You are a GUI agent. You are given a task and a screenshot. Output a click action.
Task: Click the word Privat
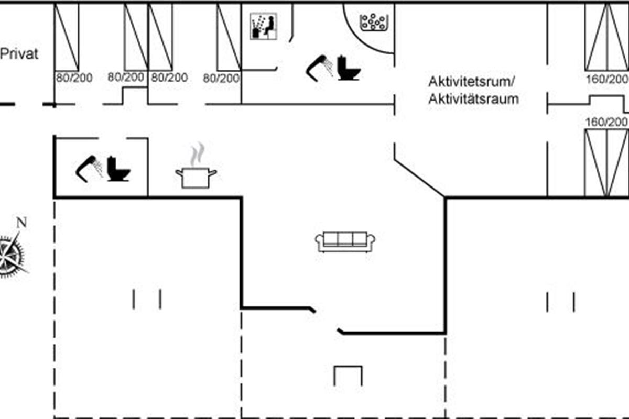click(19, 53)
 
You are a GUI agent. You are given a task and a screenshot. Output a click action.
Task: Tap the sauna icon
click(263, 26)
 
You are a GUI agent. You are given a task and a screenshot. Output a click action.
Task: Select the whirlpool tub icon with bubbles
click(374, 22)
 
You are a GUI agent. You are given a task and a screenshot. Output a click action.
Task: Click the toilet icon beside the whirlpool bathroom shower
click(349, 68)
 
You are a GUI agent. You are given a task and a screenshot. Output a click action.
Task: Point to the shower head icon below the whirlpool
click(320, 68)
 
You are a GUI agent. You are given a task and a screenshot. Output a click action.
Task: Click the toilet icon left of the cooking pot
click(118, 169)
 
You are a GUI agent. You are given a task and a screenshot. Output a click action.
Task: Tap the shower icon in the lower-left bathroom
click(89, 169)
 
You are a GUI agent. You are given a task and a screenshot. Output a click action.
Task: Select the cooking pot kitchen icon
click(196, 178)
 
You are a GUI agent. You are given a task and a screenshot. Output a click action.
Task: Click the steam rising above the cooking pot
click(198, 154)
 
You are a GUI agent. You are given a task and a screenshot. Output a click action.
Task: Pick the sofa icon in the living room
click(345, 242)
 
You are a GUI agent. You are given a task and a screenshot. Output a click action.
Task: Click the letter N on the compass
click(21, 223)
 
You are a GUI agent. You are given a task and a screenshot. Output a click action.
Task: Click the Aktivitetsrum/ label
click(471, 82)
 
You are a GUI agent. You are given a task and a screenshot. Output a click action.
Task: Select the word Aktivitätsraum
click(473, 99)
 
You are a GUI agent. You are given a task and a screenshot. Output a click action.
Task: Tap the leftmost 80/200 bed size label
click(74, 78)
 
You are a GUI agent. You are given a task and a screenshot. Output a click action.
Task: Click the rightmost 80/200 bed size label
click(221, 78)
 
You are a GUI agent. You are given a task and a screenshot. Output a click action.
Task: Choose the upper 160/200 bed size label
click(607, 79)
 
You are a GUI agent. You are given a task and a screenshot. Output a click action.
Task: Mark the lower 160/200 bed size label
click(606, 122)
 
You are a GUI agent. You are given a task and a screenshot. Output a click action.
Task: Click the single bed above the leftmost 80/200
click(67, 37)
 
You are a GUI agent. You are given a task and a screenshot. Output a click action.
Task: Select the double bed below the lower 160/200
click(607, 163)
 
